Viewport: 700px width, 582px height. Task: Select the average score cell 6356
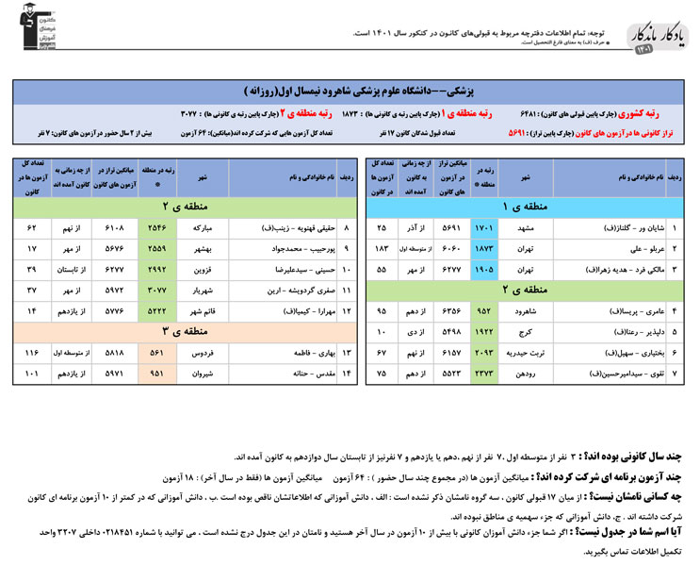tap(447, 309)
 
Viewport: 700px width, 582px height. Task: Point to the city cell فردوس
tap(202, 352)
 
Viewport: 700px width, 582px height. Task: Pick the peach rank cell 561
tap(155, 352)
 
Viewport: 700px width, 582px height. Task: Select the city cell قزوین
tap(202, 269)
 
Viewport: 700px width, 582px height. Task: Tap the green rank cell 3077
tap(155, 290)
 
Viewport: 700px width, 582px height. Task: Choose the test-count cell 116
tap(32, 352)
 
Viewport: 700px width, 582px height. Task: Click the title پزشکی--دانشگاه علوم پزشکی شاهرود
tap(358, 92)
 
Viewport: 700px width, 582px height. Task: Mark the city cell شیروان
tap(202, 373)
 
